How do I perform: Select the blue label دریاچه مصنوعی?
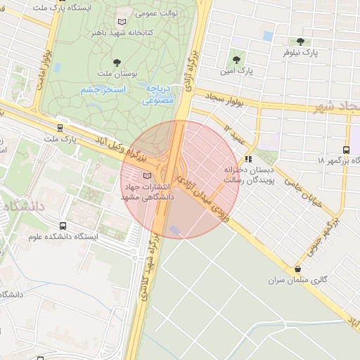pyautogui.click(x=159, y=95)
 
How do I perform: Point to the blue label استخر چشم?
pyautogui.click(x=103, y=90)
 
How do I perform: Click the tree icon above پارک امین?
pyautogui.click(x=236, y=60)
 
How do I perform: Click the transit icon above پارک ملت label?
pyautogui.click(x=61, y=128)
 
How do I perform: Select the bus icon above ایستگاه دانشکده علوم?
pyautogui.click(x=63, y=226)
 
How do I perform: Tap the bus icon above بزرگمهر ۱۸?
pyautogui.click(x=346, y=150)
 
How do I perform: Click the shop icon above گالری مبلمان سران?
pyautogui.click(x=298, y=269)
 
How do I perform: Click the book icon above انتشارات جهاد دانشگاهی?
pyautogui.click(x=146, y=176)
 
